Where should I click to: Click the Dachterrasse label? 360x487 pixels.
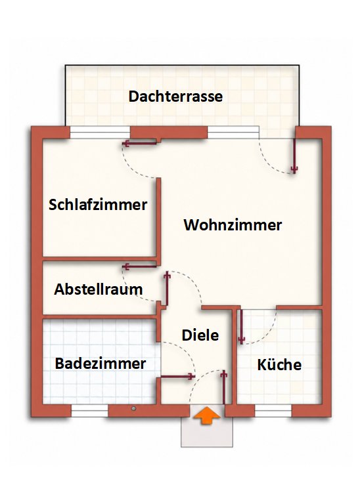pyautogui.click(x=175, y=96)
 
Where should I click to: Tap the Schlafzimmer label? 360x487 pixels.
pyautogui.click(x=98, y=205)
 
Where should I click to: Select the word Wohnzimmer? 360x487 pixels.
pyautogui.click(x=233, y=225)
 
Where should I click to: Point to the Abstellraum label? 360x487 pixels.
pyautogui.click(x=99, y=289)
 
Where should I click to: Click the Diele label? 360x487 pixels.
pyautogui.click(x=200, y=335)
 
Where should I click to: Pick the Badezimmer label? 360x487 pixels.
pyautogui.click(x=101, y=364)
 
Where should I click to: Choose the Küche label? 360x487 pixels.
pyautogui.click(x=279, y=364)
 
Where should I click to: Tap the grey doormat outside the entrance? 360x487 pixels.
pyautogui.click(x=207, y=432)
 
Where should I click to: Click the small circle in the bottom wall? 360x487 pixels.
pyautogui.click(x=133, y=409)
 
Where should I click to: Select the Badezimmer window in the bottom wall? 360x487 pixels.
pyautogui.click(x=89, y=411)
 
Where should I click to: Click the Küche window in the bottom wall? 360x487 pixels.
pyautogui.click(x=273, y=411)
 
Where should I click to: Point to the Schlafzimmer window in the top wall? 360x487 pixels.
pyautogui.click(x=100, y=133)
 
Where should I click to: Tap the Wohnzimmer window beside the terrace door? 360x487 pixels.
pyautogui.click(x=233, y=132)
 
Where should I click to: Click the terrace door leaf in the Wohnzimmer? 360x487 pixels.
pyautogui.click(x=294, y=156)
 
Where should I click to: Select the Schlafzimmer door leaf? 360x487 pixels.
pyautogui.click(x=139, y=143)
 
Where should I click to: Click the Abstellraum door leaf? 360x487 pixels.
pyautogui.click(x=139, y=266)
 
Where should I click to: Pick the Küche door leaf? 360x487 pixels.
pyautogui.click(x=241, y=326)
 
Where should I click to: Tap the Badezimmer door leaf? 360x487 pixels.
pyautogui.click(x=177, y=377)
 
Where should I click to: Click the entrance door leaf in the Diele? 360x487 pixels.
pyautogui.click(x=223, y=387)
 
